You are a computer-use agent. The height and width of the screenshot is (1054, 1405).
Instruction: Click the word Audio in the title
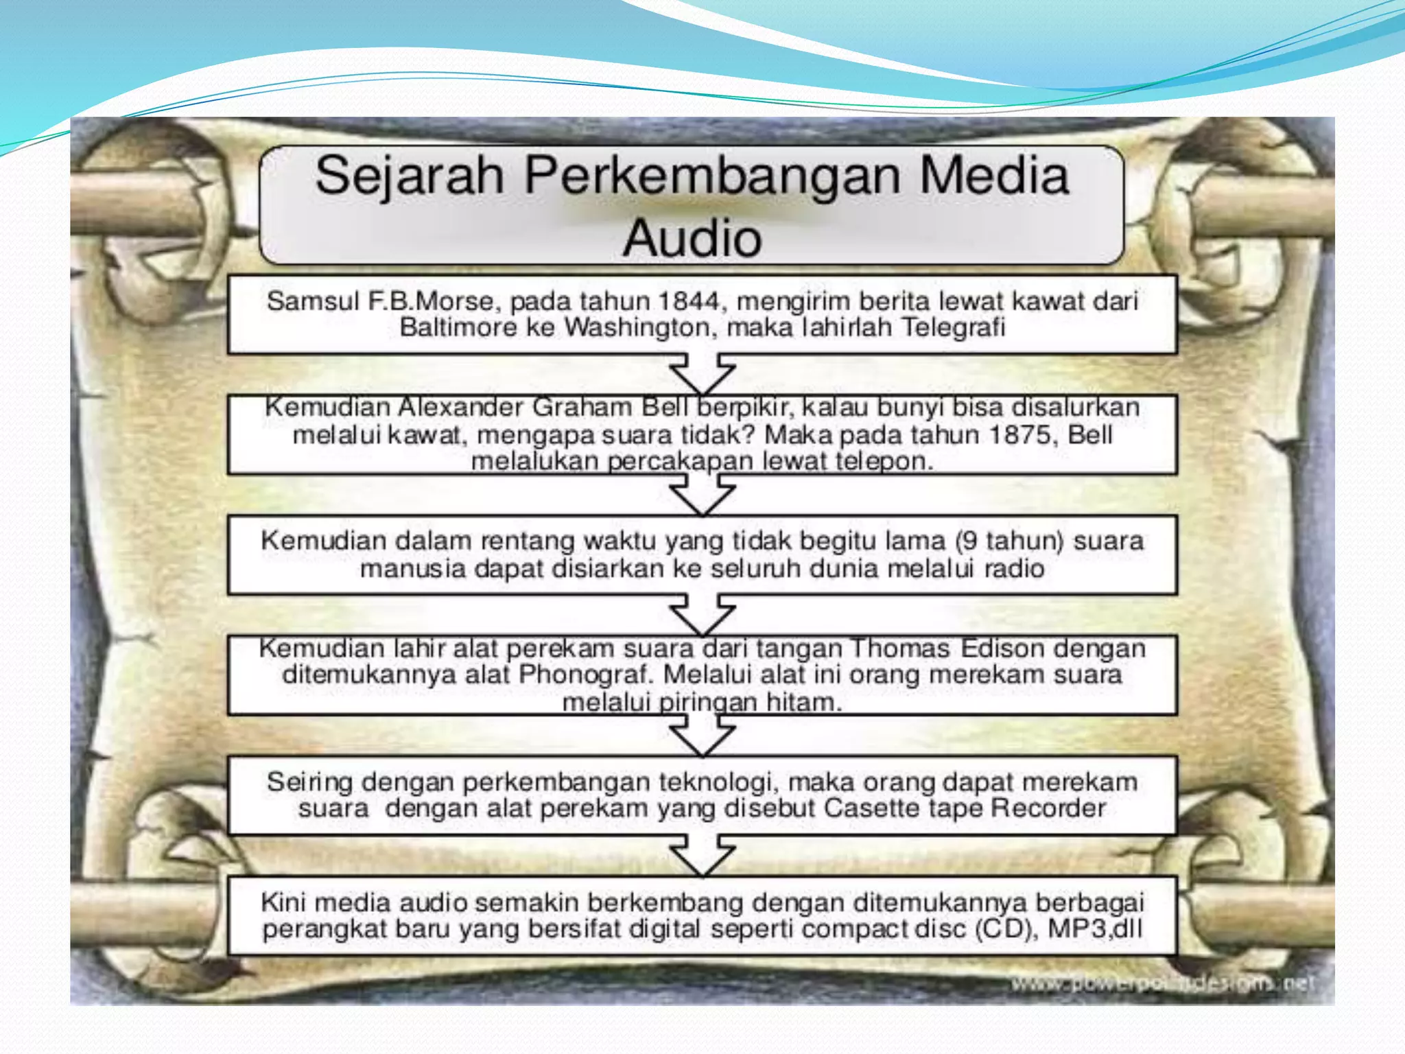tap(692, 238)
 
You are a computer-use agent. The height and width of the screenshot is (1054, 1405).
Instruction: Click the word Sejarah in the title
tap(409, 176)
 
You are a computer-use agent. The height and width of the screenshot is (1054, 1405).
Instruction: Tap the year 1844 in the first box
tap(689, 301)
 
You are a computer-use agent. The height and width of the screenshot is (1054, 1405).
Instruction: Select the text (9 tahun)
tap(1010, 541)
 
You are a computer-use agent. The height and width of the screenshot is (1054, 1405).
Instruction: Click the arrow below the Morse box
tap(702, 373)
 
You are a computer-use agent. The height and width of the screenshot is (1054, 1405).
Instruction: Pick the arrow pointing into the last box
tap(702, 855)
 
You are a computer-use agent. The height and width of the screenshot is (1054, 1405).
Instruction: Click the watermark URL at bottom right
tap(1162, 983)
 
